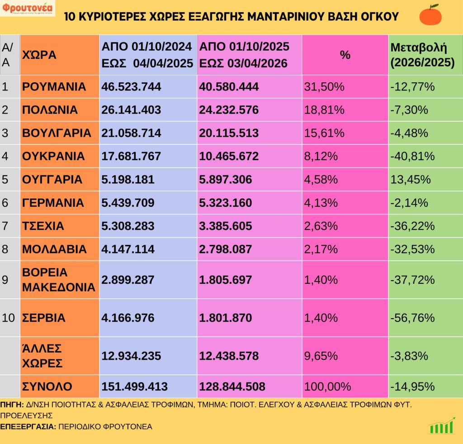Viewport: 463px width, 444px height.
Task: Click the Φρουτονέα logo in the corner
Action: pos(28,9)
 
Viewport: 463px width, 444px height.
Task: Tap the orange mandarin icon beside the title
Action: pos(430,15)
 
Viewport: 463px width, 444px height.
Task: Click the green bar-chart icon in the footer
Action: pos(442,426)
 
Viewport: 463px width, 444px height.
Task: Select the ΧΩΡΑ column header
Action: pos(39,55)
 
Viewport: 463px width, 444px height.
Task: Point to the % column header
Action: pos(345,55)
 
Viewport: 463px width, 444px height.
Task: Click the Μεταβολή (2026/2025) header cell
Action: pos(422,55)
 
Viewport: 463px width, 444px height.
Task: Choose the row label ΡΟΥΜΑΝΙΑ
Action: pos(54,86)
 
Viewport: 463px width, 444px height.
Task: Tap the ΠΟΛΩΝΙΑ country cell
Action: pos(50,110)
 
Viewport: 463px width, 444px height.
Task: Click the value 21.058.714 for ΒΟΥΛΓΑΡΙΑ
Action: pos(132,133)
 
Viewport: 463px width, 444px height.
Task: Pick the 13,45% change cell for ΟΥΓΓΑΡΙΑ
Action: pos(410,180)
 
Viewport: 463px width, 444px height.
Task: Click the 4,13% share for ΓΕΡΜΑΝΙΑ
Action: pos(321,203)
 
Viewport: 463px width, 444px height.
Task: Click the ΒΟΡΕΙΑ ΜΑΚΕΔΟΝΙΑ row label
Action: pos(59,280)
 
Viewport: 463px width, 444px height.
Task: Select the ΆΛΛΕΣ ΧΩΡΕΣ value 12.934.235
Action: pos(132,356)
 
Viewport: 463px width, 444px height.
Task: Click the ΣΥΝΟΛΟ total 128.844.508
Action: pos(231,387)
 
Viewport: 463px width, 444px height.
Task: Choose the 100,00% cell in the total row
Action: pos(327,387)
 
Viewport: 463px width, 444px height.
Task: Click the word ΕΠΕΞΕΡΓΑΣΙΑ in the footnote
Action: pos(28,426)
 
